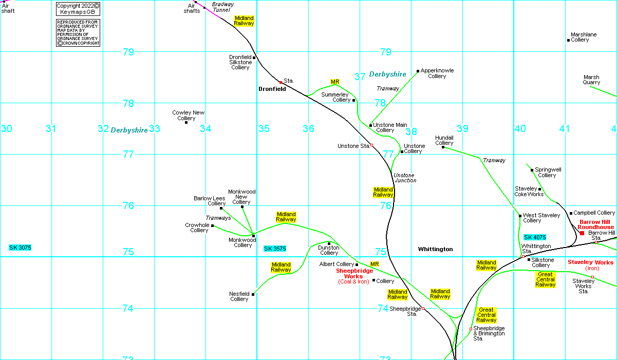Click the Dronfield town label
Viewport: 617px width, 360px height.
(272, 89)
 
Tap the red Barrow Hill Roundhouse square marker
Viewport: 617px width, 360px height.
(582, 233)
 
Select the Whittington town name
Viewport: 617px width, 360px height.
(435, 249)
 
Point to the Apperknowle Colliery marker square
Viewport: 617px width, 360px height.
(418, 71)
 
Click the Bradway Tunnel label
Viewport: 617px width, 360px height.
(222, 7)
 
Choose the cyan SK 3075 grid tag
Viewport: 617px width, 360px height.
(20, 248)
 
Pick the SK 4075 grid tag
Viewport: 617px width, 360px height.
(535, 237)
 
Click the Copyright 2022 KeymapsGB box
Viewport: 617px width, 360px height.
(78, 9)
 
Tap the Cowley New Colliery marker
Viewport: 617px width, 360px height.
(186, 122)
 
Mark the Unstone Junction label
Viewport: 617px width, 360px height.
(405, 178)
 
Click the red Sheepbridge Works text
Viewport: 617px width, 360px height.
(354, 273)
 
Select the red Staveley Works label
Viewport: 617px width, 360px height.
(590, 262)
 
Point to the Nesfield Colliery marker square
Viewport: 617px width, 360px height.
(253, 294)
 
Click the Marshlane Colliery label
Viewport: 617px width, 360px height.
(584, 37)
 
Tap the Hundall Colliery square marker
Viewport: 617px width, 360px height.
(443, 147)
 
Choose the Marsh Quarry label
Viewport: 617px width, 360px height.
(591, 80)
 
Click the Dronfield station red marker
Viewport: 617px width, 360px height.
(281, 82)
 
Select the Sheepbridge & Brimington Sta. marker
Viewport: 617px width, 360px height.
(471, 329)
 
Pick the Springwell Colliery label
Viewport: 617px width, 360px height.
(548, 172)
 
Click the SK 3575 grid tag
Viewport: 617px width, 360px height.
(275, 249)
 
